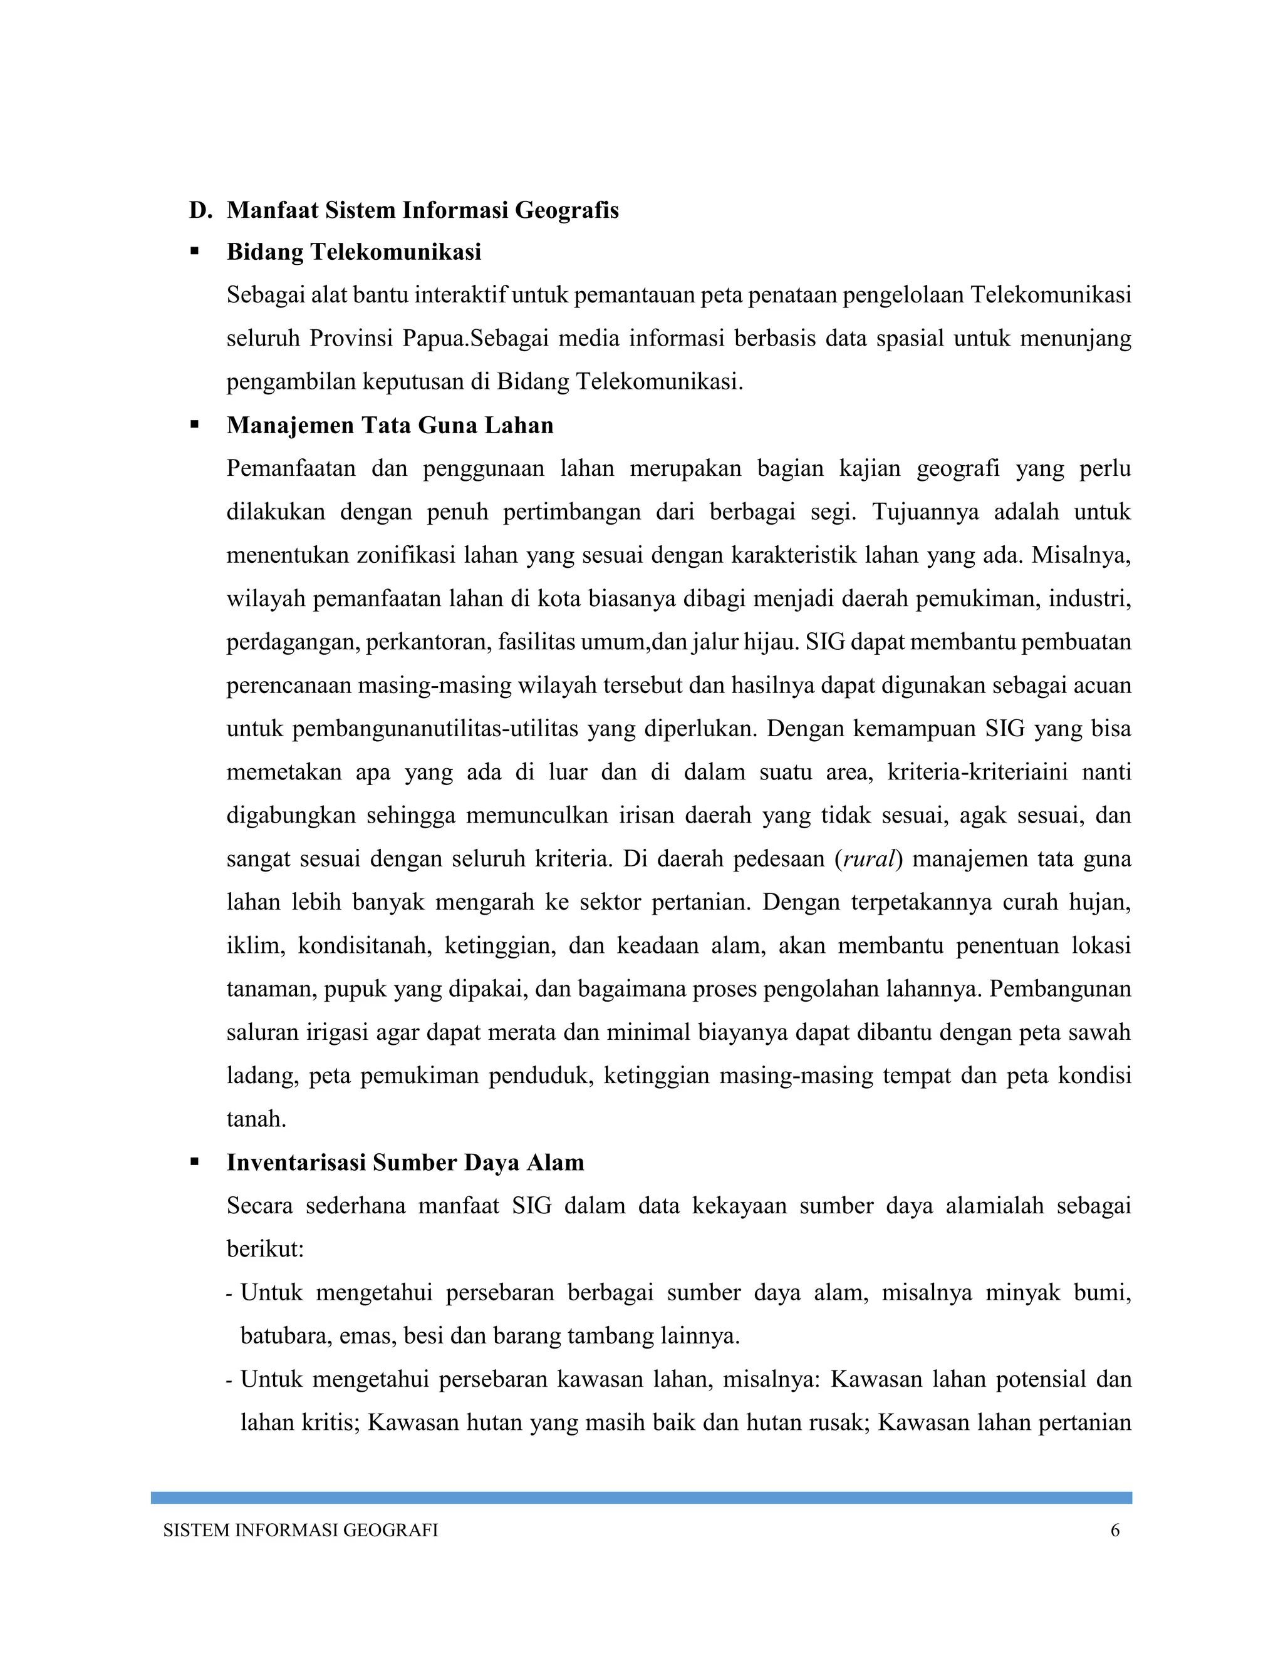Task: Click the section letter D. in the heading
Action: (x=200, y=210)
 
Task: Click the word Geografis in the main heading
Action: (x=566, y=210)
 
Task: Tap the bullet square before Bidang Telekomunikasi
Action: (x=195, y=250)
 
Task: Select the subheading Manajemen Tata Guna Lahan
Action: (x=389, y=425)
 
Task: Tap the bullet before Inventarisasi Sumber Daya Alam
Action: (x=195, y=1161)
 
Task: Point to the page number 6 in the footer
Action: (x=1115, y=1531)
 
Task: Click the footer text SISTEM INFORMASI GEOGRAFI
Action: (x=300, y=1531)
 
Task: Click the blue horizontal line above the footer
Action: (x=641, y=1497)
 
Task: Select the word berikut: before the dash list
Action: (x=264, y=1249)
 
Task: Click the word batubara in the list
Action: (x=284, y=1335)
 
